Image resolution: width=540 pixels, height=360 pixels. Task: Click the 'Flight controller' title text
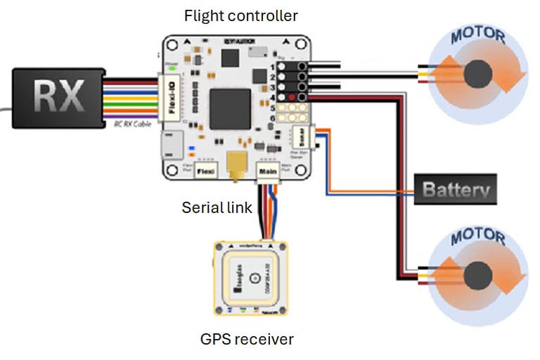(240, 15)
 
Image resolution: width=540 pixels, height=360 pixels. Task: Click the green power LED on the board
(169, 68)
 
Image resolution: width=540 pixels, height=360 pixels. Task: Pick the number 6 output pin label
(272, 120)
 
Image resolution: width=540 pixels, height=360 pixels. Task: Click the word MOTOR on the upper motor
(477, 36)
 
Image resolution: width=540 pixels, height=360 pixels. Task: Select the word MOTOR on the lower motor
(477, 236)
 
